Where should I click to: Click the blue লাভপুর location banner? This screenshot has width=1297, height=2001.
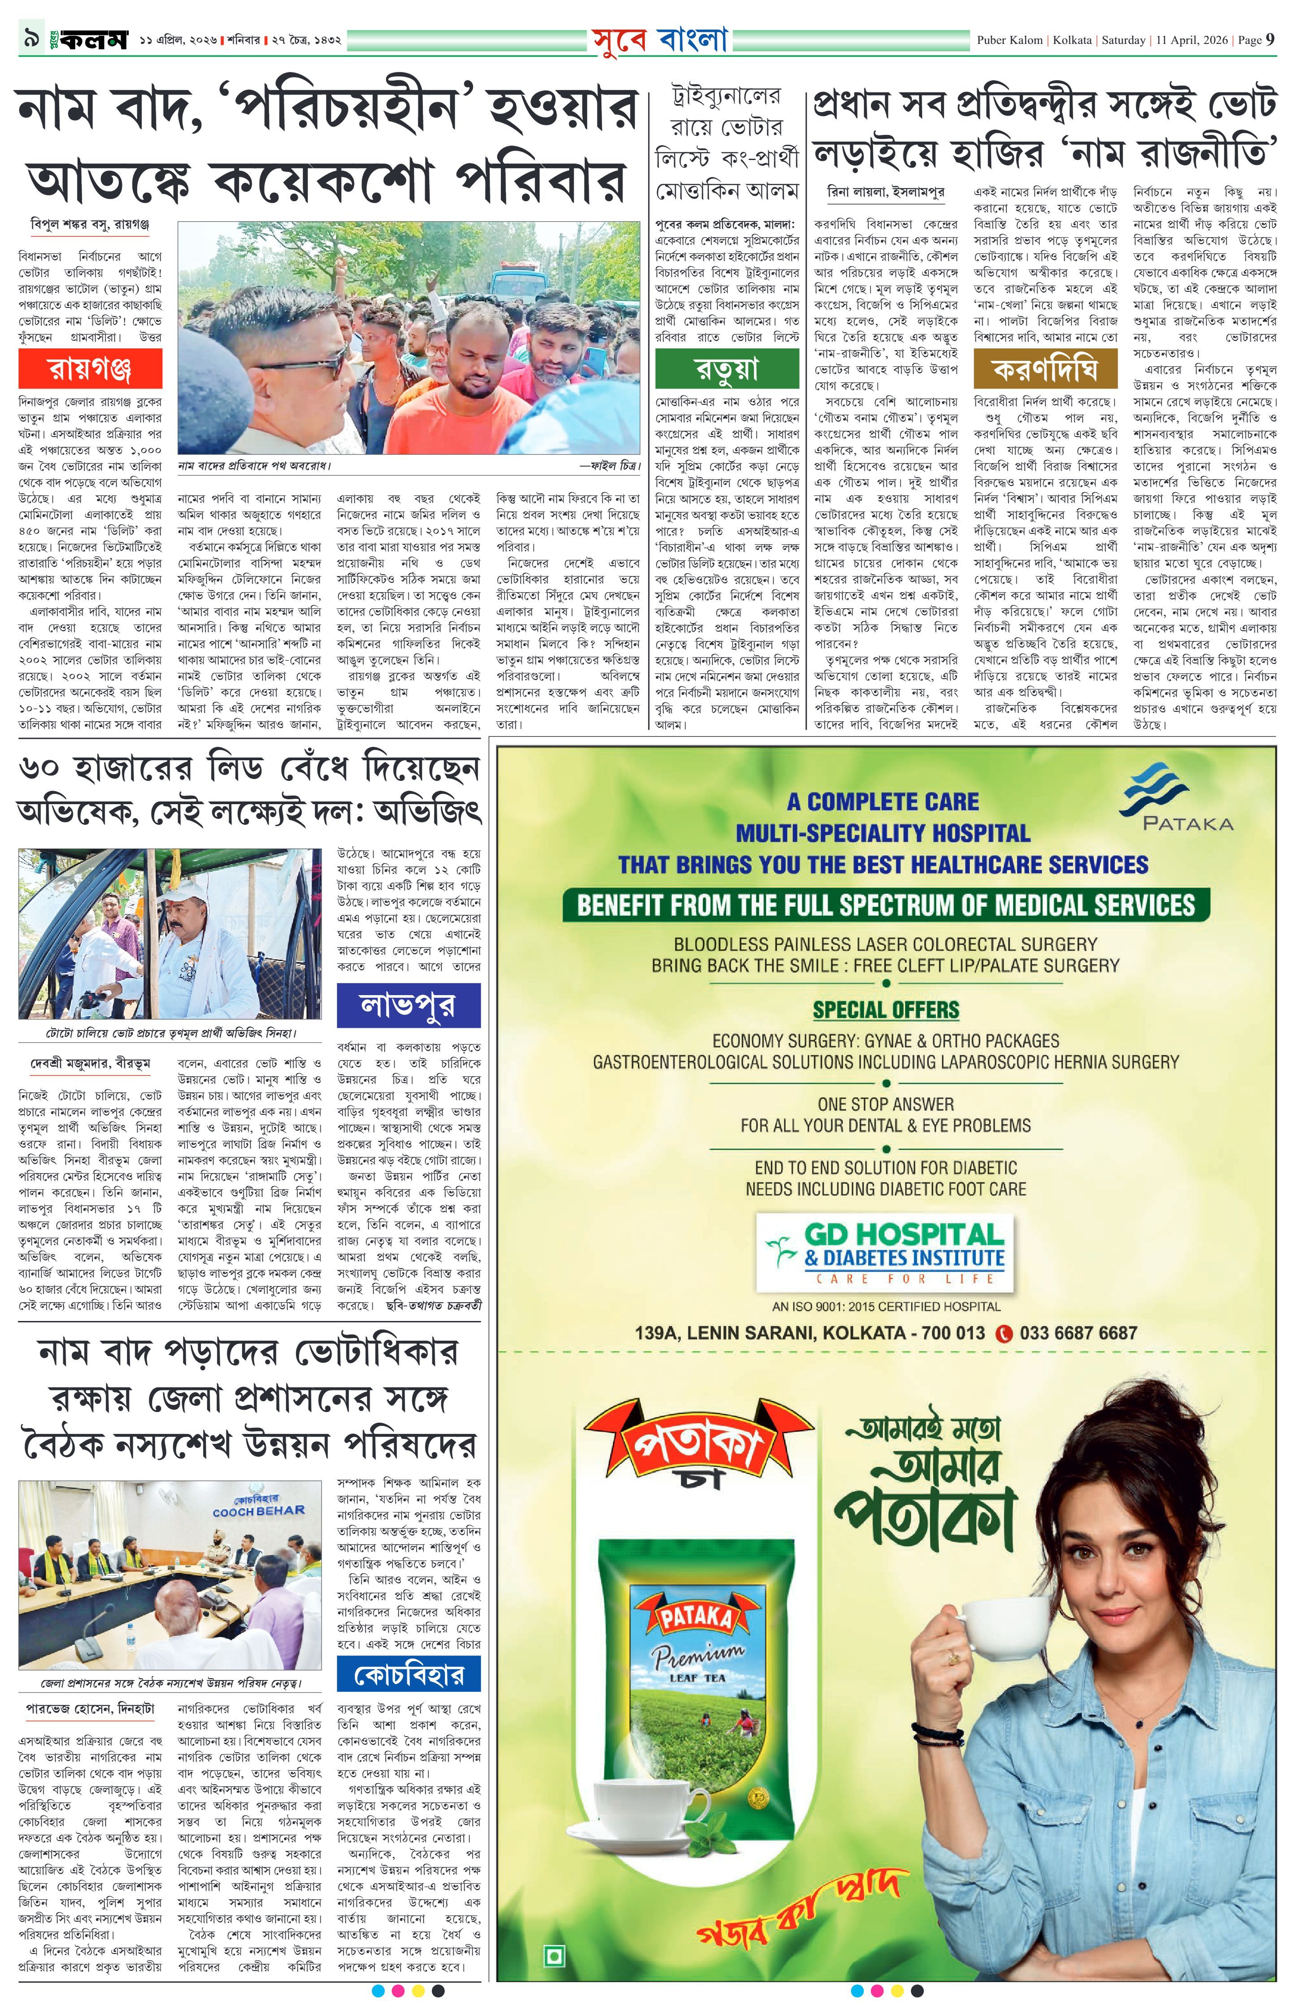[x=408, y=1005]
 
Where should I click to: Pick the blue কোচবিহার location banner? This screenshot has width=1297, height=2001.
[x=408, y=1674]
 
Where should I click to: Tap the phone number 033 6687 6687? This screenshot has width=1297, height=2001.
[x=1077, y=1333]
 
